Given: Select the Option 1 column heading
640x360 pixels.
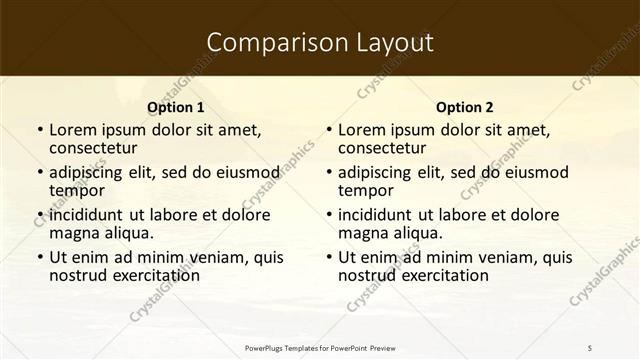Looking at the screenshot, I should coord(176,107).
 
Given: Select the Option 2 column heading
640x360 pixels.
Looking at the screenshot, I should coord(465,107).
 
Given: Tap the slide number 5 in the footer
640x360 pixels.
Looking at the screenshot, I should coord(589,347).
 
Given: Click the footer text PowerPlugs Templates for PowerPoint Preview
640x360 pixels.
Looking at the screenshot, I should coord(320,347).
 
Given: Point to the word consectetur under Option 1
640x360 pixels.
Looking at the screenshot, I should coord(99,148).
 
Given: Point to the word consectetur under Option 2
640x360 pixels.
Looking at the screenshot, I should coord(388,148).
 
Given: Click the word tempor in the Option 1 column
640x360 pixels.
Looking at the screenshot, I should coord(77,190).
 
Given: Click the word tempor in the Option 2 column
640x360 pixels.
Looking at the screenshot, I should coord(366,190).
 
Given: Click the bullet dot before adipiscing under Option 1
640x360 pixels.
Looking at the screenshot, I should coord(39,173).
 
